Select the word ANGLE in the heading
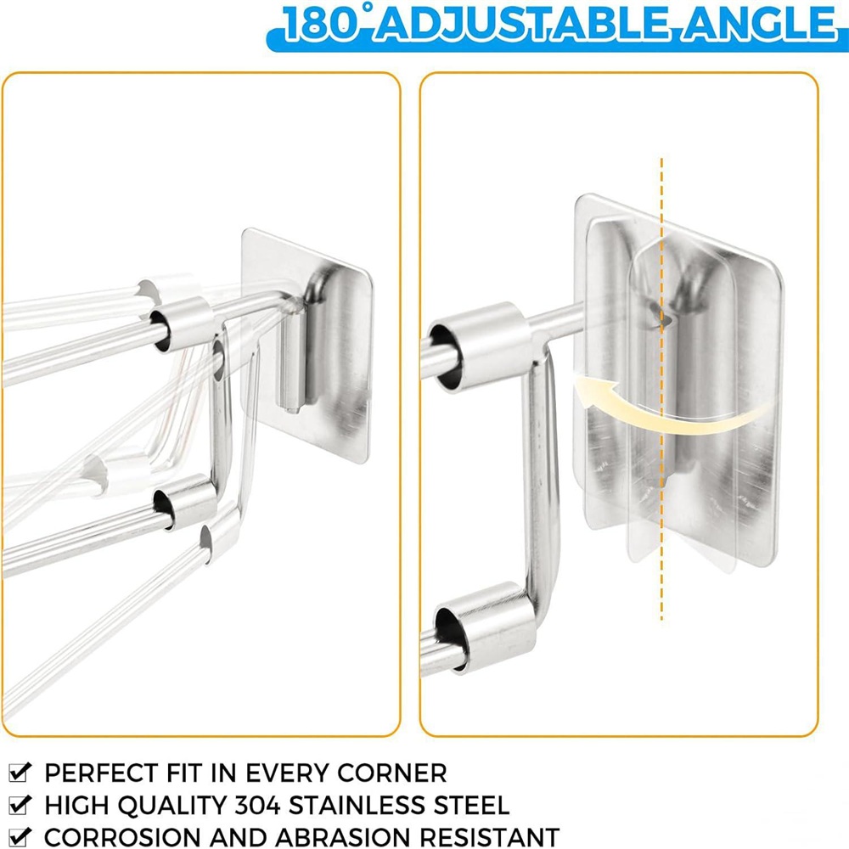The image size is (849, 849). (x=759, y=24)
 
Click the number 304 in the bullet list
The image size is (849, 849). (x=258, y=805)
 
